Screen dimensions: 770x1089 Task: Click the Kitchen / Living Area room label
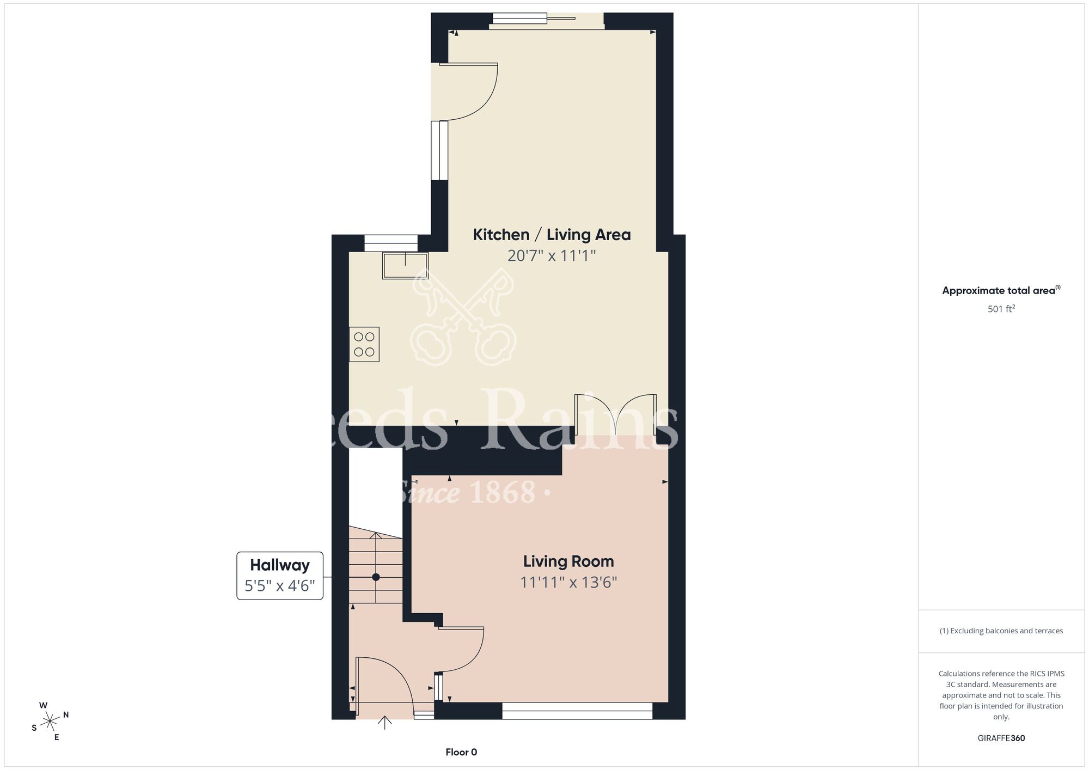pos(552,235)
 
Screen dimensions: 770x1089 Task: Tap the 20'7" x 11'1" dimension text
pos(552,255)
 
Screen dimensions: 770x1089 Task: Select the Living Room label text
pos(568,561)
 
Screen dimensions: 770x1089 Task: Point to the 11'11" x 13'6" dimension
pos(568,583)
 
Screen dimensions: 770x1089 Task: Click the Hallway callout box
pos(280,576)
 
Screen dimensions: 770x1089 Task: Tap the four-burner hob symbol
pos(364,345)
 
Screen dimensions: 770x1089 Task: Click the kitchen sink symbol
pos(405,265)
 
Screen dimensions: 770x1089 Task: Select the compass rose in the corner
pos(50,722)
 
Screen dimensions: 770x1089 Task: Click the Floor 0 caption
pos(461,753)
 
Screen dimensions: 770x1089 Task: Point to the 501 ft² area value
pos(1001,309)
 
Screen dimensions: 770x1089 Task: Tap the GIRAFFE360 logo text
pos(1001,738)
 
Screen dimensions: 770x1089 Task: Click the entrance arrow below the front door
pos(385,723)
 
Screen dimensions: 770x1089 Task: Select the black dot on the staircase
pos(376,577)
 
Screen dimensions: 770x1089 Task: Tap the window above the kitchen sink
pos(391,243)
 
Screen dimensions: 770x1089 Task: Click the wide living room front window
pos(577,711)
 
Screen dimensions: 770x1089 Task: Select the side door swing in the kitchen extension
pos(468,91)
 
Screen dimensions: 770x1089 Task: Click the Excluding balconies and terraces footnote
pos(1001,631)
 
